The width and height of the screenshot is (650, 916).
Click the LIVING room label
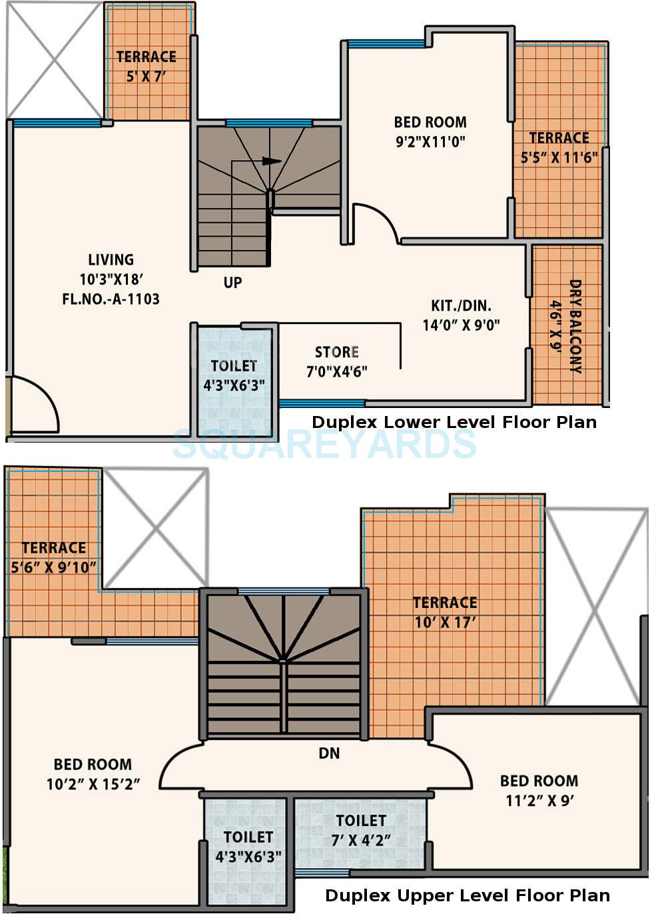[111, 259]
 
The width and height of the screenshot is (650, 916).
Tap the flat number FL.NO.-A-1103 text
[111, 299]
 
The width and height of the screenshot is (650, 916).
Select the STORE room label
[337, 352]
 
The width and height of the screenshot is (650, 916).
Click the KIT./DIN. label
[461, 305]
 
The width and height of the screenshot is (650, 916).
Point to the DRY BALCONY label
[575, 326]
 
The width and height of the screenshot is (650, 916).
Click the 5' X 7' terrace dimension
[146, 77]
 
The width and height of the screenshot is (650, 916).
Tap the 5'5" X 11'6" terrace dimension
[559, 158]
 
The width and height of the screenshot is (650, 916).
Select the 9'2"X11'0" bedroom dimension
[430, 141]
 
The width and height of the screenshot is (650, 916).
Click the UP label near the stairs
[232, 283]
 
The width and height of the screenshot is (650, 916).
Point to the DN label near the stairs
[329, 753]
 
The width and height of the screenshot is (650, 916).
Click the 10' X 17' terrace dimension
[445, 623]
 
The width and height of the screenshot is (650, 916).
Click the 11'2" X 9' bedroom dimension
[539, 801]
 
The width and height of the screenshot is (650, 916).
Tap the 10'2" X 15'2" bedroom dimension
[93, 784]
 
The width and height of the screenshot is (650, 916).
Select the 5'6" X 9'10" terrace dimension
[54, 568]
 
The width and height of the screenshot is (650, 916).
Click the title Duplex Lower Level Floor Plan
[454, 422]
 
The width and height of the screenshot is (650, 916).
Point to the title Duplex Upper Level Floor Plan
[468, 895]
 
